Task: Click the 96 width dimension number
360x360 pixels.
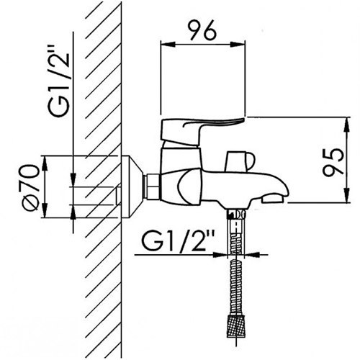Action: tap(202, 30)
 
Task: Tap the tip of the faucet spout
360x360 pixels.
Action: tap(284, 194)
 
